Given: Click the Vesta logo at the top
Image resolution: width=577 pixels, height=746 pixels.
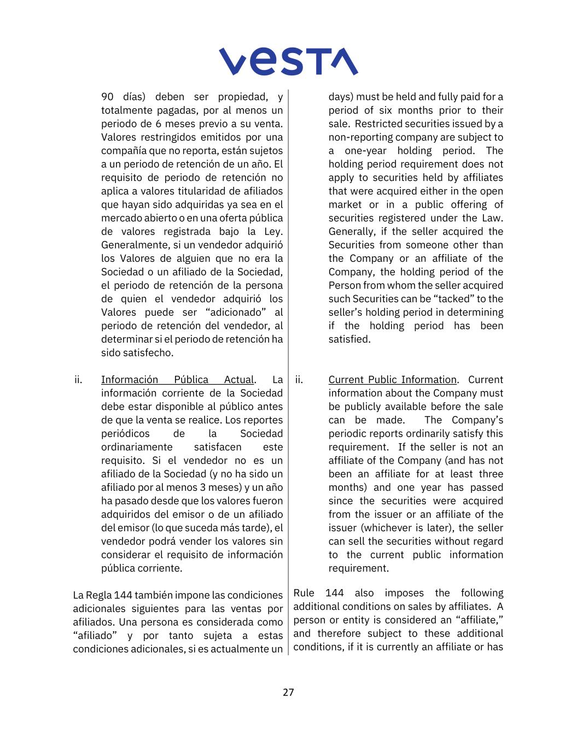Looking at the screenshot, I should click(x=288, y=61).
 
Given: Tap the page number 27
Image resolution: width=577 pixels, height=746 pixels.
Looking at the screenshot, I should click(x=288, y=692).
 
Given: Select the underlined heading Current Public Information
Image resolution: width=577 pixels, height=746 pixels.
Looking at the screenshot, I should click(x=392, y=380).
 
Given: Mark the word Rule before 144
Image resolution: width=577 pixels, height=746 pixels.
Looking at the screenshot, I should click(x=304, y=593).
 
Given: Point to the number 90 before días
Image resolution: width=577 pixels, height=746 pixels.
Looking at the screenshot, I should click(x=107, y=97).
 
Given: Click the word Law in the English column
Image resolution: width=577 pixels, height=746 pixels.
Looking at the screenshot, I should click(x=492, y=218).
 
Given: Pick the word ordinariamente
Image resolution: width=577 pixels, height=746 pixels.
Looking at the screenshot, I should click(x=137, y=447).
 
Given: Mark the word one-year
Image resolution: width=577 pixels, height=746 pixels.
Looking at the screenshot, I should click(x=365, y=151).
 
